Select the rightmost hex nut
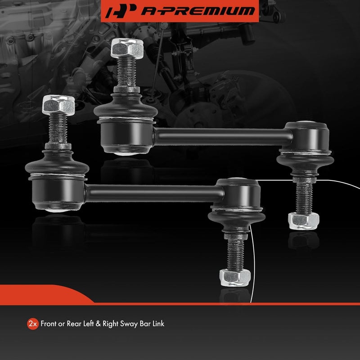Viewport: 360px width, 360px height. coord(303,220)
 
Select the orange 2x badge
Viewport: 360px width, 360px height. coord(32,324)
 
